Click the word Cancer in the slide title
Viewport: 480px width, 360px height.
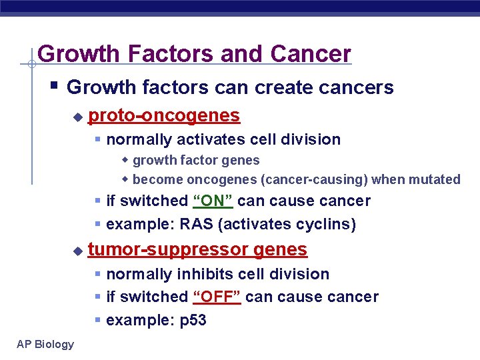click(311, 53)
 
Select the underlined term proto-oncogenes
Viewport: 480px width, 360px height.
click(164, 116)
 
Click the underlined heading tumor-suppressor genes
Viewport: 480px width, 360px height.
click(197, 250)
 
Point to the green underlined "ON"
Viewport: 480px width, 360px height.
click(213, 201)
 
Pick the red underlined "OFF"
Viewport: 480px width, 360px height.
click(217, 297)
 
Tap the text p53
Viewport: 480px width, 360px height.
click(193, 320)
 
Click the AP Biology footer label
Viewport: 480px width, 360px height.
click(46, 344)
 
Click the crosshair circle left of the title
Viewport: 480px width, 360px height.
click(31, 64)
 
